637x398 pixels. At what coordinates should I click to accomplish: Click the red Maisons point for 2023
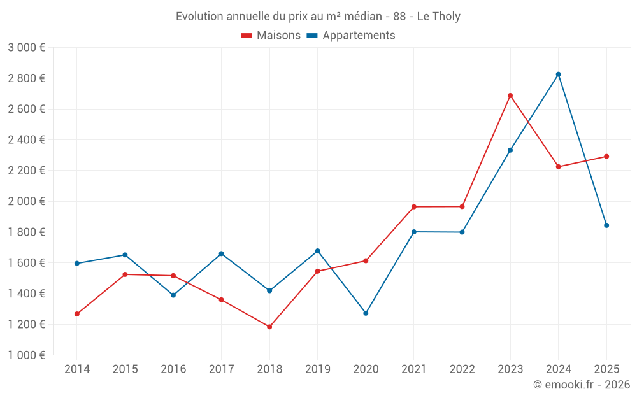tap(510, 96)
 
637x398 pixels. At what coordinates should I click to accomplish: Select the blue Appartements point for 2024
tap(559, 75)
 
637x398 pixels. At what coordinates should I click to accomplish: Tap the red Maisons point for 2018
tap(269, 327)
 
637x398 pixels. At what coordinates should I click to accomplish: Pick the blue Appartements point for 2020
tap(366, 313)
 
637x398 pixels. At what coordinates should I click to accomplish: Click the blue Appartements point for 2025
tap(606, 225)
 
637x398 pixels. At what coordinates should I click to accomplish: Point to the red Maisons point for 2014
tap(77, 314)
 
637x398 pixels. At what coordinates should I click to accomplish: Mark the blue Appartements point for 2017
tap(222, 253)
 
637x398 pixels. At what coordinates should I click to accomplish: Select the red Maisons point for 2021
tap(414, 207)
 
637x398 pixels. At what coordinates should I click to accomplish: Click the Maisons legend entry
tap(271, 36)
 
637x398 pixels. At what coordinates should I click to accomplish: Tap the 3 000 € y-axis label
tap(26, 48)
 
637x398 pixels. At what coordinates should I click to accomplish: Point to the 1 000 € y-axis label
tap(26, 355)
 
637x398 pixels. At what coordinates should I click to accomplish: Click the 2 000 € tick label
tap(26, 201)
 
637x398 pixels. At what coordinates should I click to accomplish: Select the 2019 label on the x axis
tap(317, 369)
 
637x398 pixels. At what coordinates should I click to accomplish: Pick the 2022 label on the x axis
tap(462, 369)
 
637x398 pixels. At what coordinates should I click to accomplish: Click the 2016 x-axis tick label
tap(173, 369)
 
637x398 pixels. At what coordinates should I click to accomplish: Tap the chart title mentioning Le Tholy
tap(318, 16)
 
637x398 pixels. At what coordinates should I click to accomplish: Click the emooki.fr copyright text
tap(581, 385)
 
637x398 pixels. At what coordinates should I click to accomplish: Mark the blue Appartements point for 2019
tap(318, 251)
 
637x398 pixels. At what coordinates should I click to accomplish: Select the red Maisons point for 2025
tap(606, 157)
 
